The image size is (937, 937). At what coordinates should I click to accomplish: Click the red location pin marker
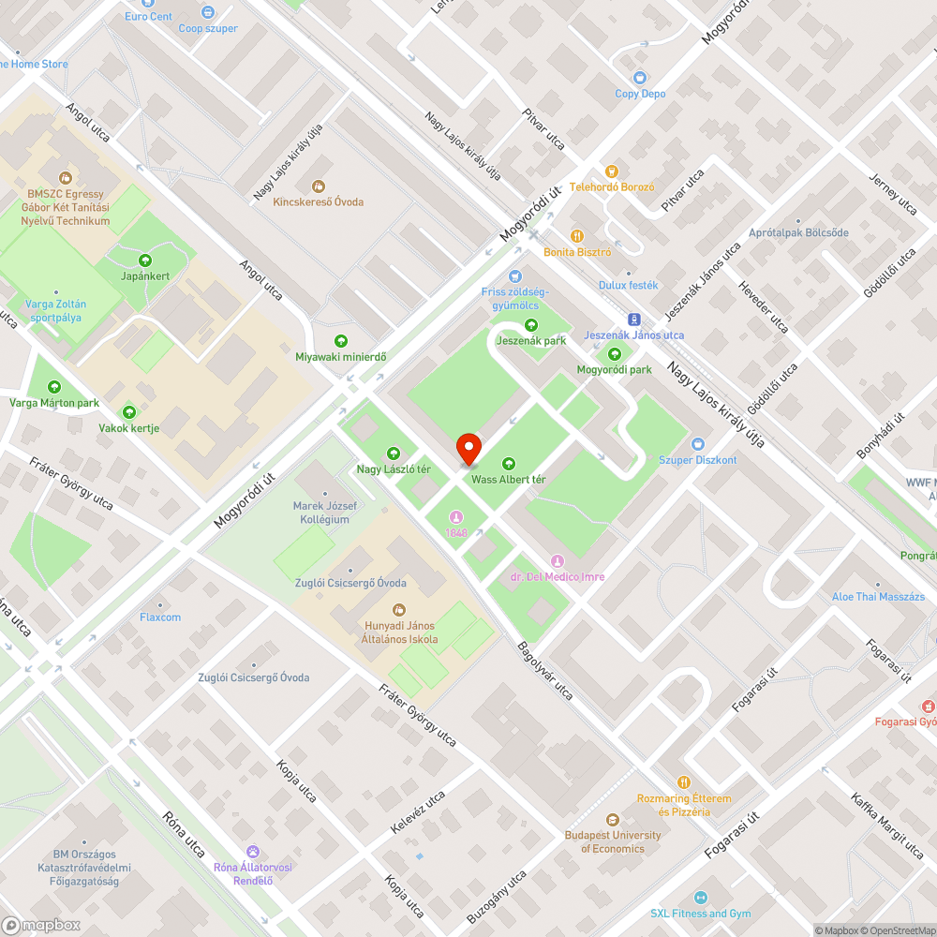pyautogui.click(x=468, y=449)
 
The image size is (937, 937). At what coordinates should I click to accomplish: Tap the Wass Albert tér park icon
pyautogui.click(x=508, y=463)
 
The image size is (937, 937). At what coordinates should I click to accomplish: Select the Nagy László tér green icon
pyautogui.click(x=393, y=454)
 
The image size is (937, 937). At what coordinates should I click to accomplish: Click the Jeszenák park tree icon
pyautogui.click(x=531, y=325)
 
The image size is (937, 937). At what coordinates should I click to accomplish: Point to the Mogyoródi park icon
pyautogui.click(x=614, y=354)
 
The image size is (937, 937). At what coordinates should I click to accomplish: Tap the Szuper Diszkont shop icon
pyautogui.click(x=697, y=443)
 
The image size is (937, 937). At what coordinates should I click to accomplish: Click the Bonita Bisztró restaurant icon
pyautogui.click(x=577, y=236)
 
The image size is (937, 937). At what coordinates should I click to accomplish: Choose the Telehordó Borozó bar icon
pyautogui.click(x=612, y=171)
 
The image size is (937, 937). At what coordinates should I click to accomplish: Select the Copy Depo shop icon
pyautogui.click(x=640, y=78)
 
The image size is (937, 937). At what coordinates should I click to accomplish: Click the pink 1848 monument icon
pyautogui.click(x=456, y=516)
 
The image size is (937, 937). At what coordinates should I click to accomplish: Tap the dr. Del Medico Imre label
pyautogui.click(x=558, y=576)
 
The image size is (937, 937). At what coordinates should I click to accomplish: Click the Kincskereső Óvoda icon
pyautogui.click(x=318, y=186)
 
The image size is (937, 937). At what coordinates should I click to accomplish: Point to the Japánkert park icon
pyautogui.click(x=144, y=260)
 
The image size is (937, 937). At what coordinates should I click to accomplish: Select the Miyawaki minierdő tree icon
pyautogui.click(x=341, y=341)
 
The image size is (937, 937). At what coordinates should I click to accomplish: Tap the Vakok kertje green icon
pyautogui.click(x=129, y=412)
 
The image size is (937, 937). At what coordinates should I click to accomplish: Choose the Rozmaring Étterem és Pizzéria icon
pyautogui.click(x=684, y=782)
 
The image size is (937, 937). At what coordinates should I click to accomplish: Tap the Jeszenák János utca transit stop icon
pyautogui.click(x=633, y=319)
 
